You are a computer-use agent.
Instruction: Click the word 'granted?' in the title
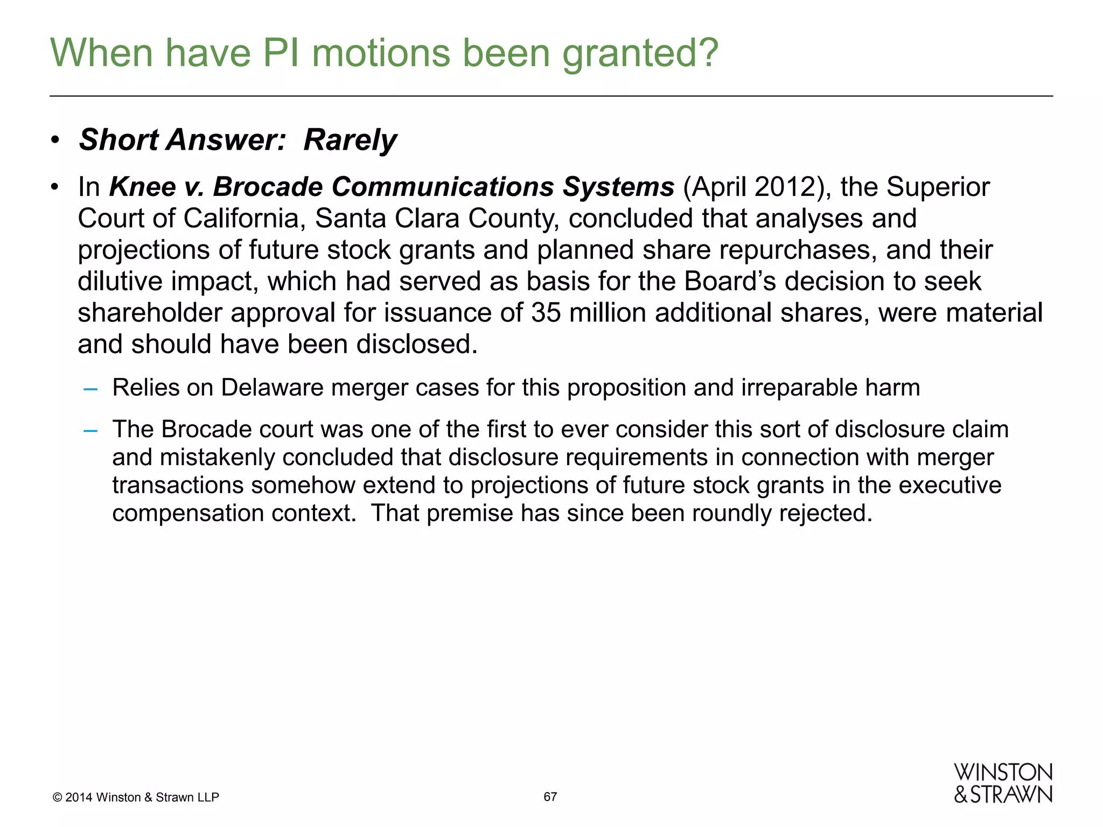[640, 54]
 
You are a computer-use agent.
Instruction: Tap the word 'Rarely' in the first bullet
[350, 140]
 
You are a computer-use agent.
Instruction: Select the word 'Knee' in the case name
[142, 187]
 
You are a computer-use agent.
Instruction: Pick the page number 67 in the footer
[550, 797]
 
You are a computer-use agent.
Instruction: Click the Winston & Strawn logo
[1003, 783]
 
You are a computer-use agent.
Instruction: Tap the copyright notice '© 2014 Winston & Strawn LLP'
[136, 797]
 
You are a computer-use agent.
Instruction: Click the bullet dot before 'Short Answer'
[55, 141]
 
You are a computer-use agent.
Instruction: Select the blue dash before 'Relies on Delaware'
[90, 388]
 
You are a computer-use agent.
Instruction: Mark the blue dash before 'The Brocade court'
[90, 430]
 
